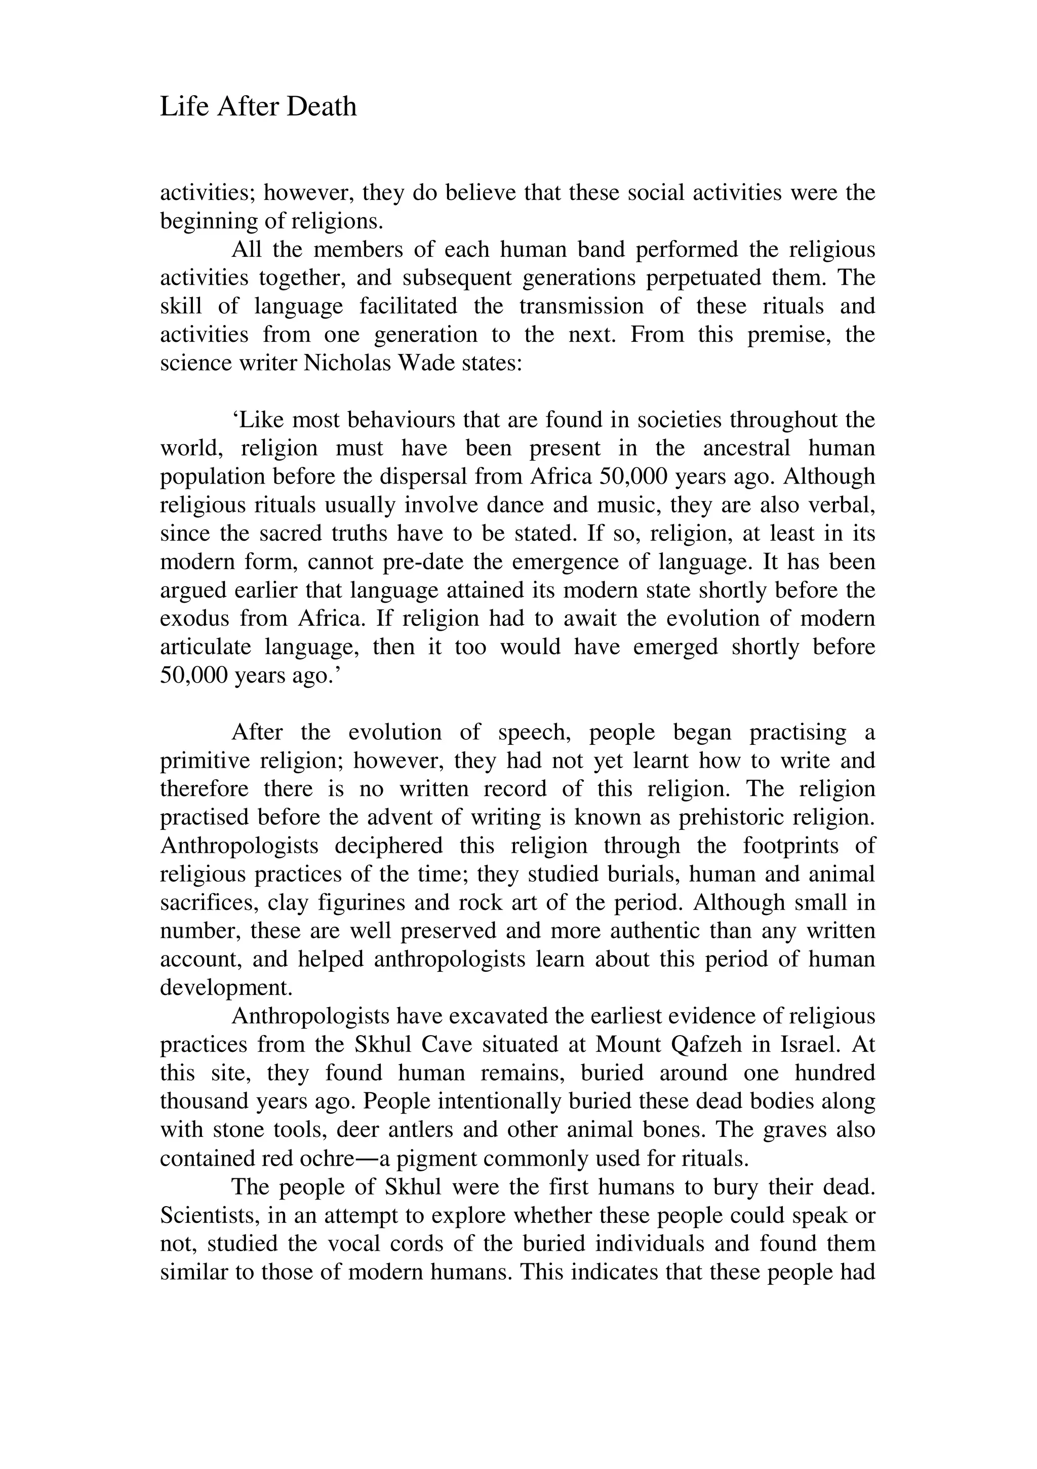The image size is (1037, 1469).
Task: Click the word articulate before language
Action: [x=206, y=647]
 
